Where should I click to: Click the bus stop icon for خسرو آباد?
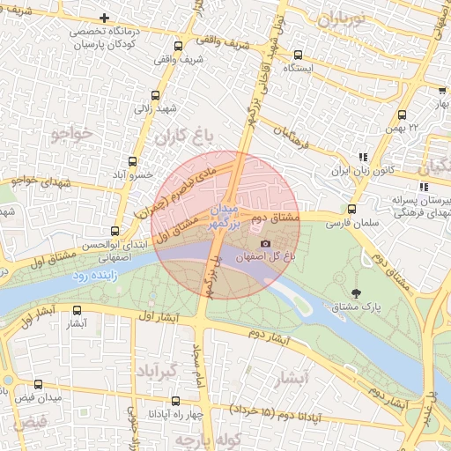tap(133, 161)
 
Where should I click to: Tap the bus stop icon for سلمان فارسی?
tap(351, 210)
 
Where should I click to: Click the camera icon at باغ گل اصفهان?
tap(265, 243)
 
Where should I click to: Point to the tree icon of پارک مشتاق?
tap(356, 294)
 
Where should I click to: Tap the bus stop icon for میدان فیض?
tap(38, 384)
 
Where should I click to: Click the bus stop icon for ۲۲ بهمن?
tap(403, 115)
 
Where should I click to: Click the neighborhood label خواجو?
tap(71, 135)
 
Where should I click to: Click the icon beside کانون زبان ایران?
tap(362, 157)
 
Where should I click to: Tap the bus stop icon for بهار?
tap(440, 91)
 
